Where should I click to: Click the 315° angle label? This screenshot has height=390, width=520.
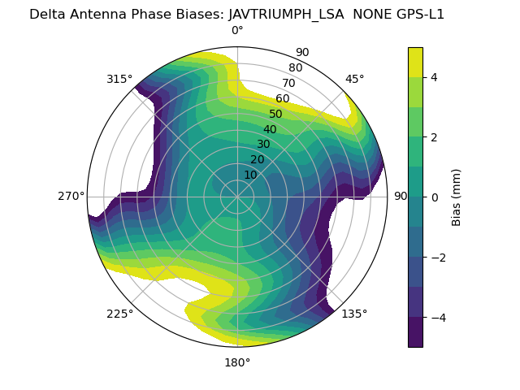[x=119, y=79]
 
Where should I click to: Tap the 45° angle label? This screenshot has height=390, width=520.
[x=355, y=79]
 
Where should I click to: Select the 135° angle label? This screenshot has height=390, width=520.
[x=354, y=314]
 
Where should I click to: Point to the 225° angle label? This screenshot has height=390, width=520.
[x=119, y=314]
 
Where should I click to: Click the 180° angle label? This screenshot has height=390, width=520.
[x=237, y=362]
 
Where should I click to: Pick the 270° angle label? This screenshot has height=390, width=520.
[x=71, y=196]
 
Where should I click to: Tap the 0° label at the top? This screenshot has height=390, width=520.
[x=237, y=31]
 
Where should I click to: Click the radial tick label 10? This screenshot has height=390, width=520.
[x=250, y=175]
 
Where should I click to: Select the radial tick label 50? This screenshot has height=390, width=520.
[x=276, y=114]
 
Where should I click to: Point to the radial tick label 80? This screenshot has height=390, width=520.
[x=296, y=68]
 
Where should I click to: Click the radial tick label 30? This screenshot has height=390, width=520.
[x=263, y=145]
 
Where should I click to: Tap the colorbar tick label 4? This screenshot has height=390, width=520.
[x=434, y=77]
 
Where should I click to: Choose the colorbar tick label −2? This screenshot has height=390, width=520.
[x=438, y=258]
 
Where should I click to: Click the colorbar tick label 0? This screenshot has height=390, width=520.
[x=434, y=197]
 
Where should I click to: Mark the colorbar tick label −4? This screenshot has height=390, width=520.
[x=438, y=318]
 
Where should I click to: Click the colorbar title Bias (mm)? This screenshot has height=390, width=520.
[x=457, y=197]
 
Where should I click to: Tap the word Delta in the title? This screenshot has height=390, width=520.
[x=46, y=14]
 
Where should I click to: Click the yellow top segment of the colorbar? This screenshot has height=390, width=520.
[x=415, y=62]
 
